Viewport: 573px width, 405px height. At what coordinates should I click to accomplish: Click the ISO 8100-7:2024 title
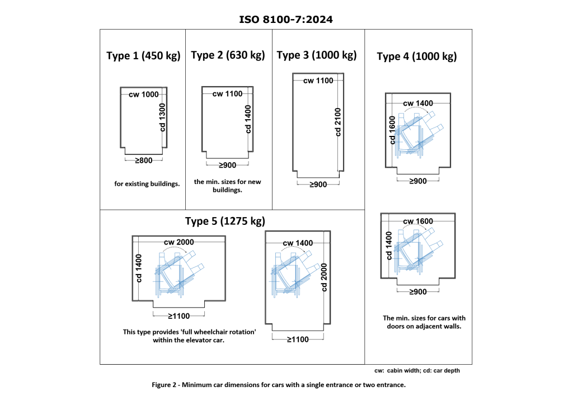[286, 20]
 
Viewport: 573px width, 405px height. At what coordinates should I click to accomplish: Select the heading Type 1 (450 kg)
[143, 56]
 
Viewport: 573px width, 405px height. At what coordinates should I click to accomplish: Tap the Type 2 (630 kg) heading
[228, 55]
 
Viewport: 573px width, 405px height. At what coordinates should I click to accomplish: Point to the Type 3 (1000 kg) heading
[317, 55]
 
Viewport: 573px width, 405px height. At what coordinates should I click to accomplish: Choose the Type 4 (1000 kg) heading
[416, 56]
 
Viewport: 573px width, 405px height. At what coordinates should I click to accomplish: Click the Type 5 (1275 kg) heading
[225, 222]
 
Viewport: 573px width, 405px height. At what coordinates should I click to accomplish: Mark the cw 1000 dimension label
[144, 95]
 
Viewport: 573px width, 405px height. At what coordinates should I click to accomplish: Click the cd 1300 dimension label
[163, 117]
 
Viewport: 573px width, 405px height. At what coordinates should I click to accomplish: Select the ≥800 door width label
[144, 161]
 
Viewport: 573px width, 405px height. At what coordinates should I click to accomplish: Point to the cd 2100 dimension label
[338, 122]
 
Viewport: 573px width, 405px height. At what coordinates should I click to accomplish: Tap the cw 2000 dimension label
[179, 242]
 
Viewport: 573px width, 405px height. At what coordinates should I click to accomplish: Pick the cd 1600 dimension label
[392, 130]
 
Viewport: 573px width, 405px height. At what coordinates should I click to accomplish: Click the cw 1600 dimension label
[417, 222]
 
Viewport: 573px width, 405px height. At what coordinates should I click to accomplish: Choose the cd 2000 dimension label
[324, 277]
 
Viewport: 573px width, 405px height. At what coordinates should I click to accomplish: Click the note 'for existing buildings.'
[147, 183]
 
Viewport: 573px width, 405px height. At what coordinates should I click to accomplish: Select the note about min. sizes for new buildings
[227, 186]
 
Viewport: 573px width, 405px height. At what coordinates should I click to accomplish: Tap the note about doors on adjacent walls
[424, 322]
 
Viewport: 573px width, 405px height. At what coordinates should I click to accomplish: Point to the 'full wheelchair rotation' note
[189, 336]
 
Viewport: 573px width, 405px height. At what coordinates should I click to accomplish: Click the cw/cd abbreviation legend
[417, 371]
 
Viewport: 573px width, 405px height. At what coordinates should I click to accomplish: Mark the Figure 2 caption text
[279, 385]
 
